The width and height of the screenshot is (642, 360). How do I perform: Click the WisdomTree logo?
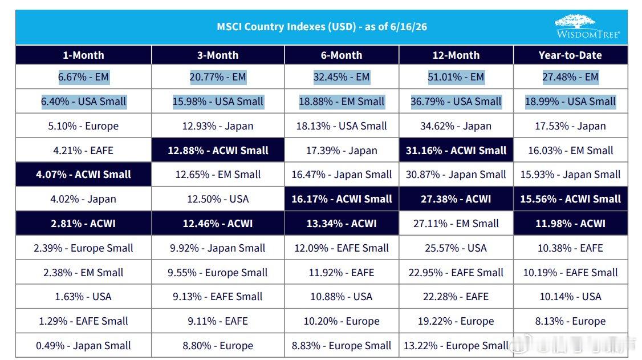587,26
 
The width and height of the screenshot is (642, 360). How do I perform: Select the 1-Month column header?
83,55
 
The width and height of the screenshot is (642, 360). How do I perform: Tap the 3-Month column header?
218,55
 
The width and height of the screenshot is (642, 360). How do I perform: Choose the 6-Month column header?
342,55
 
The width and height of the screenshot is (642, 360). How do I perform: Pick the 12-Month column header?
456,55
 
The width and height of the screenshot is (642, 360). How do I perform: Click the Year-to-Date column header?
570,55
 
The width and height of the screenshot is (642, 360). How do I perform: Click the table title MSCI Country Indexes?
322,27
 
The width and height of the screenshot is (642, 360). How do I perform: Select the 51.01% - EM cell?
456,77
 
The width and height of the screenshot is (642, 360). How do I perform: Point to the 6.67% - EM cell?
83,77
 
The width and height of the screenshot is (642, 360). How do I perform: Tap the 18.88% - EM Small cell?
342,101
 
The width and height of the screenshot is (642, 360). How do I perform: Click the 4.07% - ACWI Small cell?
83,175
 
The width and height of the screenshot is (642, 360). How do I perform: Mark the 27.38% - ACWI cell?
456,199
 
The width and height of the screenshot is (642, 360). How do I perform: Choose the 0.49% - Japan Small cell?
83,346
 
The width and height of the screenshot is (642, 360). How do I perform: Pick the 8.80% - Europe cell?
218,346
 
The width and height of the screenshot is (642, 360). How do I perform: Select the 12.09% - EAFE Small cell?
342,248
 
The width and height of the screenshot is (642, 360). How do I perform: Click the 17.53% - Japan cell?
570,126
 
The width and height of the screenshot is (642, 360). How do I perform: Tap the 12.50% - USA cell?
218,199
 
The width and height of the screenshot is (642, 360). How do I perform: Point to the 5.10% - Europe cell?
83,126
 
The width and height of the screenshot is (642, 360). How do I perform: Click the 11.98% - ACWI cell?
570,223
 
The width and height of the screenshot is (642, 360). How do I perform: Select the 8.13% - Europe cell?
570,321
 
